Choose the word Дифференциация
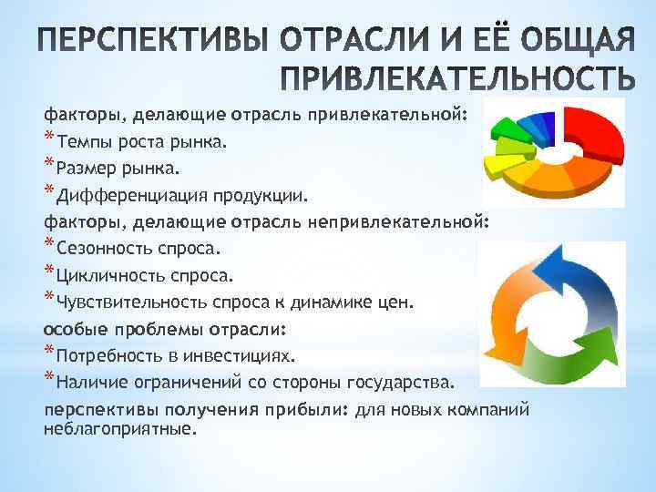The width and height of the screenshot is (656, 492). click(x=132, y=196)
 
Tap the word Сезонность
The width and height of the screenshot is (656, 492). click(x=103, y=249)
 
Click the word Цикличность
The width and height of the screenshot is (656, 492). click(x=104, y=275)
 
